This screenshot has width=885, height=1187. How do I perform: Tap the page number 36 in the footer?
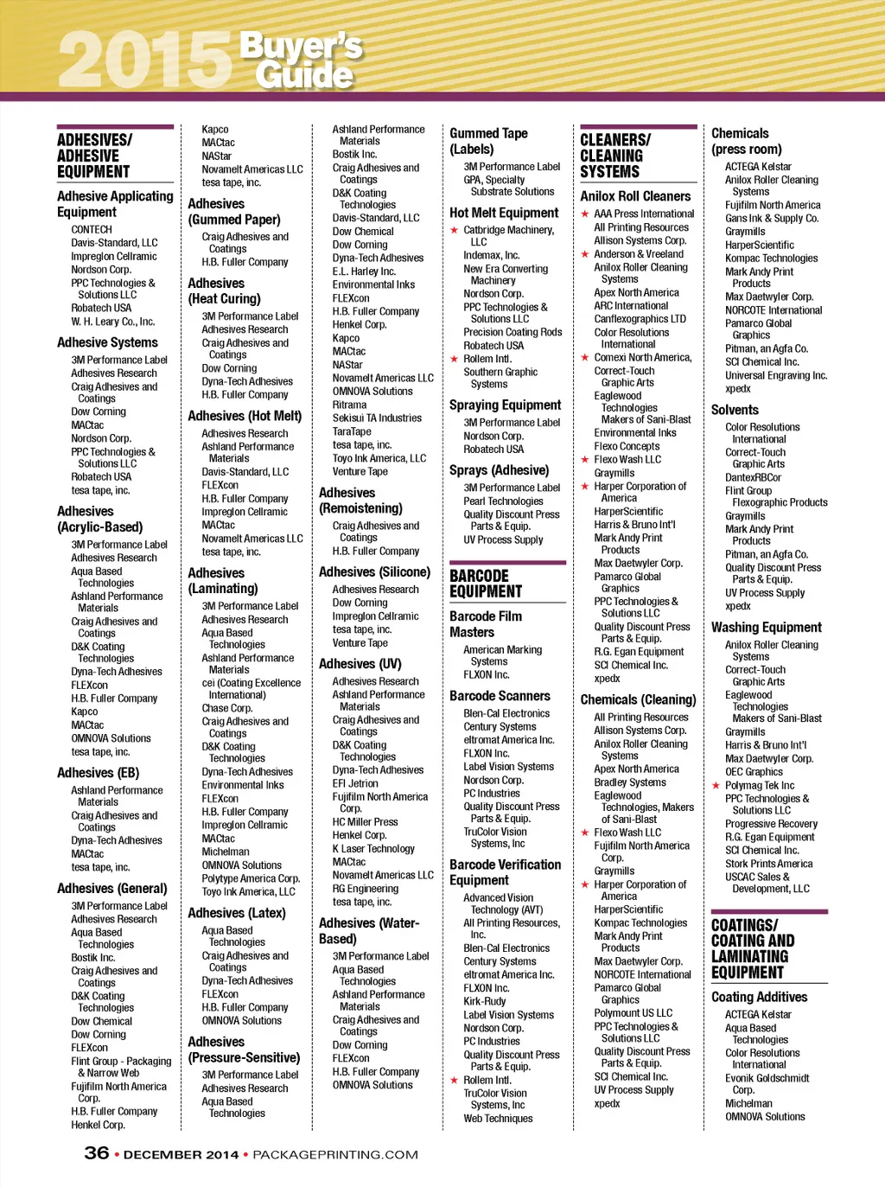pos(96,1153)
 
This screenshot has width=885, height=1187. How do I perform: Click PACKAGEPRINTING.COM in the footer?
pos(335,1155)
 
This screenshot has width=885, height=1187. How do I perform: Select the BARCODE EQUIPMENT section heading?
pos(486,584)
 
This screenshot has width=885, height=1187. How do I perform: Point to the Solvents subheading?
pos(735,410)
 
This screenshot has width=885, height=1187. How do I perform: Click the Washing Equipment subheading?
pos(767,628)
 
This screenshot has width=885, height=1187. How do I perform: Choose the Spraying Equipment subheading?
pos(505,405)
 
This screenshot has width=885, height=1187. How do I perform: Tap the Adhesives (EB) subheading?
pos(98,773)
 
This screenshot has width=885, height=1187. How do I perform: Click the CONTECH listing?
pos(92,230)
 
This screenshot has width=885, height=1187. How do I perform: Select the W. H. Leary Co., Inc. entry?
pos(112,322)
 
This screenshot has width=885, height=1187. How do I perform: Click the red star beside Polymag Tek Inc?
pos(716,786)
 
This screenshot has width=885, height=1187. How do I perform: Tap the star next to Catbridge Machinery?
pos(454,230)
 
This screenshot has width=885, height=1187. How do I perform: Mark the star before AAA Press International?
pos(585,214)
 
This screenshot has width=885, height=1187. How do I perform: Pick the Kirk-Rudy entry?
pos(485,1001)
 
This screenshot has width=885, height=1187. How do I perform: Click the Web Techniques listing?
pos(498,1119)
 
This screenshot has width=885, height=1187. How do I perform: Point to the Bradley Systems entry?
pos(630,782)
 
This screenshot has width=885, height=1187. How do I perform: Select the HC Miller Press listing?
pos(365,822)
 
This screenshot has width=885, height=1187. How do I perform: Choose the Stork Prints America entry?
pos(768,864)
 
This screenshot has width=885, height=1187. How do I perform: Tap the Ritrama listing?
pos(349,405)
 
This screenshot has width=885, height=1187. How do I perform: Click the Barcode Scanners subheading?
pos(500,696)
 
